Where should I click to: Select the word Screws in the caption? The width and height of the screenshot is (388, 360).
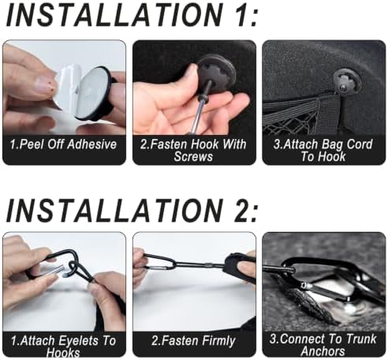193,156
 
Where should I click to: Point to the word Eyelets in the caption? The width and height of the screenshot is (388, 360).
80,340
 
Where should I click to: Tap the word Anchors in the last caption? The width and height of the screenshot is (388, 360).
323,351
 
